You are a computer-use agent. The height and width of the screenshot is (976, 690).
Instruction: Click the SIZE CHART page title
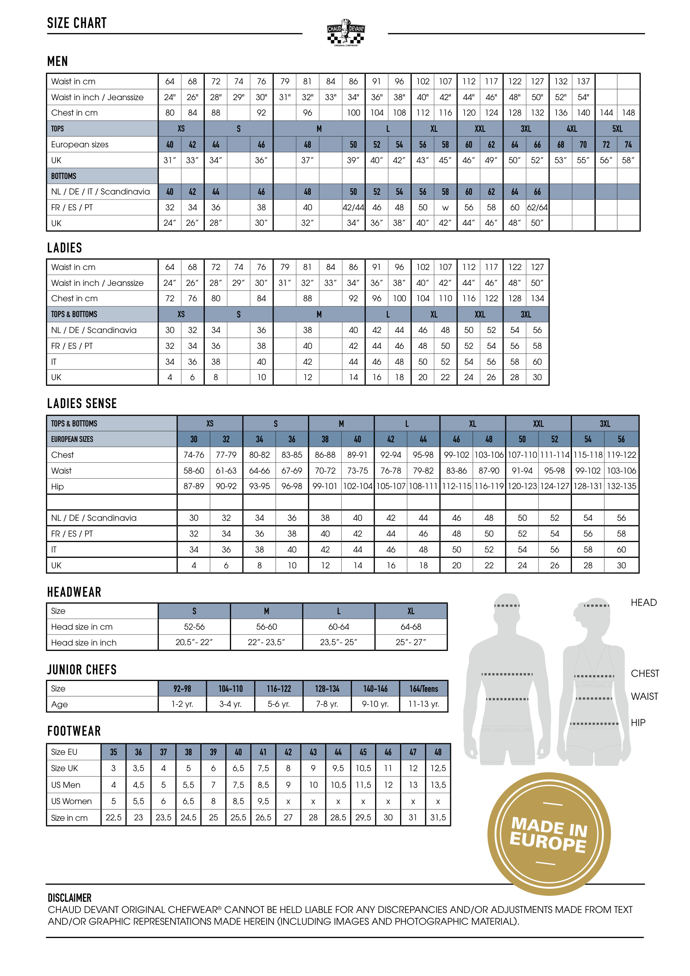pos(77,23)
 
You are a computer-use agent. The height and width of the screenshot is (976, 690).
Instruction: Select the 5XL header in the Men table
pos(617,129)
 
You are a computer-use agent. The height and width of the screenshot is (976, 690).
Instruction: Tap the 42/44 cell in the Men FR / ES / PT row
pos(353,207)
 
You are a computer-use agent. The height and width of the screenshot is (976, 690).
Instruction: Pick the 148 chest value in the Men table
pos(628,113)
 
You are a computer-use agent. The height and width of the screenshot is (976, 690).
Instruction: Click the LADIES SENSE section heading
pos(82,404)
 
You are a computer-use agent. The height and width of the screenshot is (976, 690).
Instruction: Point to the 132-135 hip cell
pos(621,486)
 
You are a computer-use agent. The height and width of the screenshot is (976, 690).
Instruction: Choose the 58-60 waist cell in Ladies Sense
pos(194,471)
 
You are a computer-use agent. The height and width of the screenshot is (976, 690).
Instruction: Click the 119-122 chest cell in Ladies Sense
pos(621,455)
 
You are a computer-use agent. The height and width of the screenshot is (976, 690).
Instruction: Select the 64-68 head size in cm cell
pos(411,627)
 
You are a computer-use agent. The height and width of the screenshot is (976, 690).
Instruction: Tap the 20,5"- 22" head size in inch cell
pos(194,642)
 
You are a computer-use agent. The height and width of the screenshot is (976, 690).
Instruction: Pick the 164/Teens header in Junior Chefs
pos(423,688)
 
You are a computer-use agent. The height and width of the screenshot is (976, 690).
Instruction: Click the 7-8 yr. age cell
pos(327,704)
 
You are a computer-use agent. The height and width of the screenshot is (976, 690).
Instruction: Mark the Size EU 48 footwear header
pos(438,752)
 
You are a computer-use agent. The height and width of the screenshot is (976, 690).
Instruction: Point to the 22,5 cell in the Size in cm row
pos(113,817)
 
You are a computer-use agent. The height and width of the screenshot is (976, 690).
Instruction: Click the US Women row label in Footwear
pos(71,801)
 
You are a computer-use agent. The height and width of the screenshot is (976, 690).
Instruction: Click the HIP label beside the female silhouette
pos(638,723)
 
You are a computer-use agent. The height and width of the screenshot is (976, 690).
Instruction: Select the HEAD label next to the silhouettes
pos(643,603)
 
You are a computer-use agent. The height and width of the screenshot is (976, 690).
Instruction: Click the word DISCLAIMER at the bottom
pos(70,898)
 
